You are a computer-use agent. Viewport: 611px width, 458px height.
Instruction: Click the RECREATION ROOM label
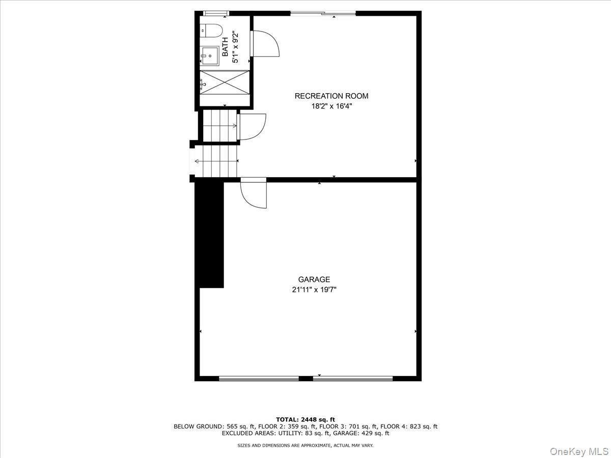click(x=331, y=96)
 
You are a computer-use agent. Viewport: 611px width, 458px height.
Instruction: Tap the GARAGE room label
click(x=314, y=279)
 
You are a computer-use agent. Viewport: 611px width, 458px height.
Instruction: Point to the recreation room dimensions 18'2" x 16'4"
click(x=331, y=106)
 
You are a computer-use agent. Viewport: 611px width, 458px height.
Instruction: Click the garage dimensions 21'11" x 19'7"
click(x=314, y=290)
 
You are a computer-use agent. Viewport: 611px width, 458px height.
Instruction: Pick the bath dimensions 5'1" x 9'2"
click(x=235, y=46)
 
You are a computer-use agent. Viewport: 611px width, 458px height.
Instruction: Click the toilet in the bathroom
click(x=211, y=31)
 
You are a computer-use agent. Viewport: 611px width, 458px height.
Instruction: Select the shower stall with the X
click(x=225, y=82)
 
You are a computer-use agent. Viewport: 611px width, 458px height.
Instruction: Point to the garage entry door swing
click(x=253, y=193)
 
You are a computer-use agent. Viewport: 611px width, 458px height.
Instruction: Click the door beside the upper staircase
click(x=252, y=127)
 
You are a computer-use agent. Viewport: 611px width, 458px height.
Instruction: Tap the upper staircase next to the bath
click(x=219, y=126)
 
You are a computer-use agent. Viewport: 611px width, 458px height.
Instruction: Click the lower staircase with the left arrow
click(x=216, y=161)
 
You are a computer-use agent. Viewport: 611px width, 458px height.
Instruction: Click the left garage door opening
click(x=259, y=378)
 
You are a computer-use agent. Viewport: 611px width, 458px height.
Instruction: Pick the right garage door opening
click(x=353, y=378)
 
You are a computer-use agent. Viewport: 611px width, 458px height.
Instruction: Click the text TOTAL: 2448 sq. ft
click(x=305, y=420)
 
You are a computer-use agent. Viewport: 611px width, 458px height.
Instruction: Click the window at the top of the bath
click(x=216, y=13)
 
